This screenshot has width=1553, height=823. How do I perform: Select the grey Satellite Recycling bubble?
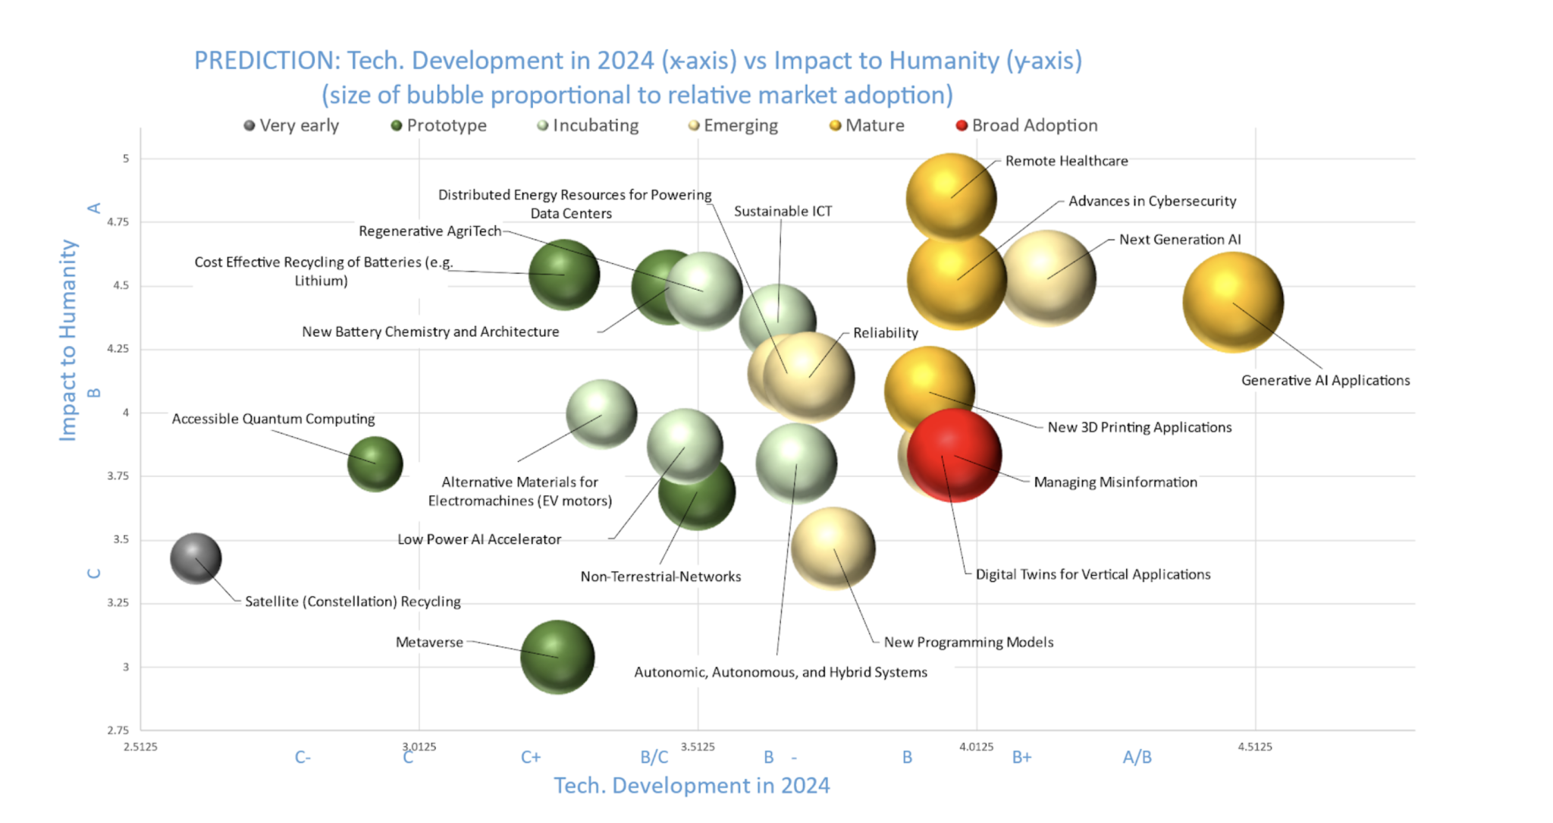(x=196, y=558)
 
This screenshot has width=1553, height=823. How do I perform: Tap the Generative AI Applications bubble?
(x=1233, y=302)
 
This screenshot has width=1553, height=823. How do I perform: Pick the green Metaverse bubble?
(x=557, y=657)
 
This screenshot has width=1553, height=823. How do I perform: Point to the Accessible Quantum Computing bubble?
(x=375, y=463)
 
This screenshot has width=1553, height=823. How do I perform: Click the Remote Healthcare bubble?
(x=951, y=197)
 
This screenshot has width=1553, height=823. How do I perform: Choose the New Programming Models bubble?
(x=833, y=548)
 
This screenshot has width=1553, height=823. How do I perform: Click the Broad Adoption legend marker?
(x=962, y=125)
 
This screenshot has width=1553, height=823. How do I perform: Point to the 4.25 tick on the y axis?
(x=118, y=349)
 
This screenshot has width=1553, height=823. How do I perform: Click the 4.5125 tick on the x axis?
(x=1255, y=746)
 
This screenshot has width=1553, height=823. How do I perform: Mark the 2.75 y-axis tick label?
(x=118, y=730)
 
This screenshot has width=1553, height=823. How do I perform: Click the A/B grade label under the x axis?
(x=1137, y=757)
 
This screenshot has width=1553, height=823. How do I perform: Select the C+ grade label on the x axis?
(x=531, y=757)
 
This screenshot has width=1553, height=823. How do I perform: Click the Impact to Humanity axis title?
(x=68, y=340)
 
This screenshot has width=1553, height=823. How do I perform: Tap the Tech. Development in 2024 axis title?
(x=692, y=786)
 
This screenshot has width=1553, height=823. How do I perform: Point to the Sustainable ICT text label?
(x=783, y=211)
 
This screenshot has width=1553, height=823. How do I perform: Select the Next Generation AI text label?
(x=1180, y=240)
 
